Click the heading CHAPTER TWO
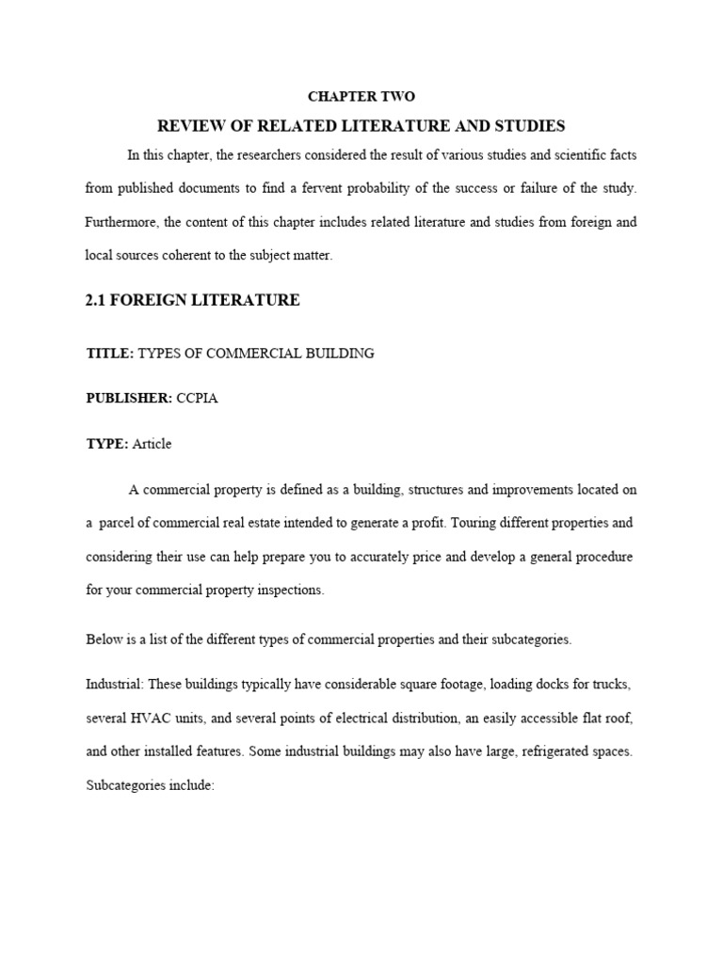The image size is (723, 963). pos(361,97)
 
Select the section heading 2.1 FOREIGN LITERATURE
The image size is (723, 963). pos(193,300)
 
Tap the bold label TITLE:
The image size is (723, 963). pos(110,354)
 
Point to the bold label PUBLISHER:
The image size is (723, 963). pos(129,399)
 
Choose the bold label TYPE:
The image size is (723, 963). pos(107,444)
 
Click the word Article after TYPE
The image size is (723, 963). pos(153,444)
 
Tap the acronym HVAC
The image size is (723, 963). pos(151,718)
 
